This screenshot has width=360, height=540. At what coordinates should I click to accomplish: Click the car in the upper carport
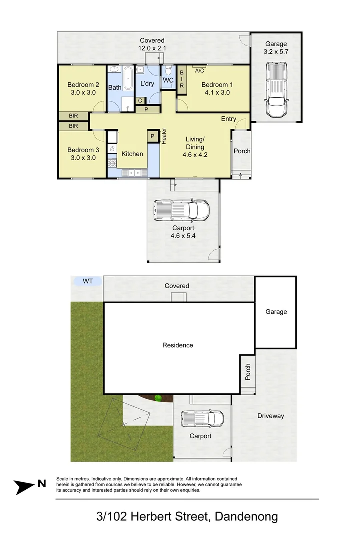click(181, 210)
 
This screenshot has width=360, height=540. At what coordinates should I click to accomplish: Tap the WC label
click(168, 80)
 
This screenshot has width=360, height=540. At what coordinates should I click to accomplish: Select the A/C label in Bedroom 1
click(200, 70)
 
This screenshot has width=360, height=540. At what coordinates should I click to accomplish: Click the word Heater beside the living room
click(164, 136)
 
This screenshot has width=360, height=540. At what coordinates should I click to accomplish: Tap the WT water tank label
click(88, 281)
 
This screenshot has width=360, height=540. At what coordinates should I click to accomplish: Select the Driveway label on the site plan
click(270, 416)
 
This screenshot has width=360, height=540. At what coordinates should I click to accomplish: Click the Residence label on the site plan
click(178, 345)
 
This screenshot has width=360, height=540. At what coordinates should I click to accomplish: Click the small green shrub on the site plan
click(158, 398)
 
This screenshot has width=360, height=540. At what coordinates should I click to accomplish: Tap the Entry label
click(229, 119)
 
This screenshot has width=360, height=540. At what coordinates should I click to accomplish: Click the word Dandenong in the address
click(246, 516)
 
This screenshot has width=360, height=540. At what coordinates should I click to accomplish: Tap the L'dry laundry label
click(147, 83)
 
